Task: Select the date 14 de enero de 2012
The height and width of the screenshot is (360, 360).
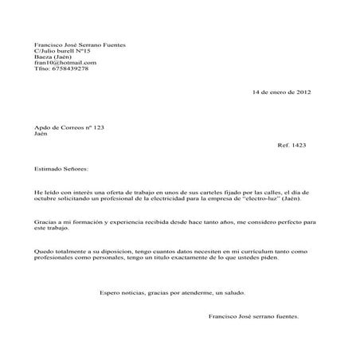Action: pos(280,92)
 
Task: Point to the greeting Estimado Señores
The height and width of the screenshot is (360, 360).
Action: pos(62,170)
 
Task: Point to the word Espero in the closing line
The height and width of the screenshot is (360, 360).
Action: pos(109,292)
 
